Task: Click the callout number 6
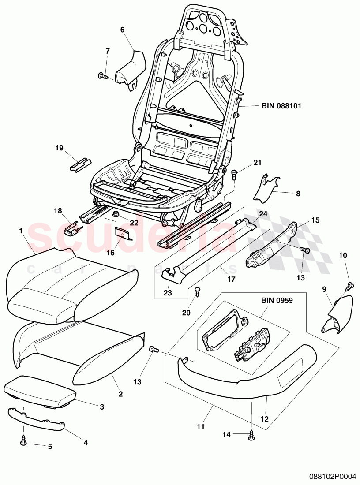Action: (122, 30)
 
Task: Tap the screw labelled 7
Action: (102, 76)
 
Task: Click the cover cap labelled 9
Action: (338, 313)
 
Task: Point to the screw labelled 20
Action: (197, 291)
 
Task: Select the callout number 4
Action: (86, 442)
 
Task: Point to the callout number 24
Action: (263, 214)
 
